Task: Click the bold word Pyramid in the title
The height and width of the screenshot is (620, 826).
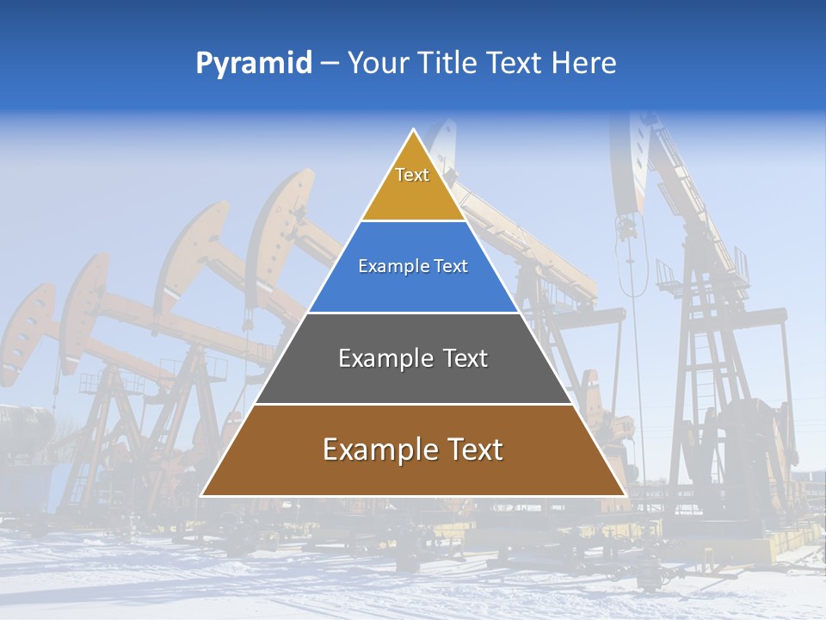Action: (253, 63)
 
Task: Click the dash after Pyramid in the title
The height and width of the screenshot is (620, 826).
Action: (329, 64)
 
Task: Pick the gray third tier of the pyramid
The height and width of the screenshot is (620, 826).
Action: (413, 379)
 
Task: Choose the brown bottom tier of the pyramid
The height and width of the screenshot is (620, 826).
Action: (413, 474)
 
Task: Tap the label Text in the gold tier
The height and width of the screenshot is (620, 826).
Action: (412, 175)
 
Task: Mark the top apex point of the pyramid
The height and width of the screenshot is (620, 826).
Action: (414, 130)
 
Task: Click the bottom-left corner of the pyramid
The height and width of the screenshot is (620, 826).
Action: (201, 496)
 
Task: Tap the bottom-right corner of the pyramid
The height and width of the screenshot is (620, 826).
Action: (626, 496)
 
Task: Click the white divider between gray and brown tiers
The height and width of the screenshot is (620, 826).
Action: (413, 404)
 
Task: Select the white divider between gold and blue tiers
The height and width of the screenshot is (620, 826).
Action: (413, 221)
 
